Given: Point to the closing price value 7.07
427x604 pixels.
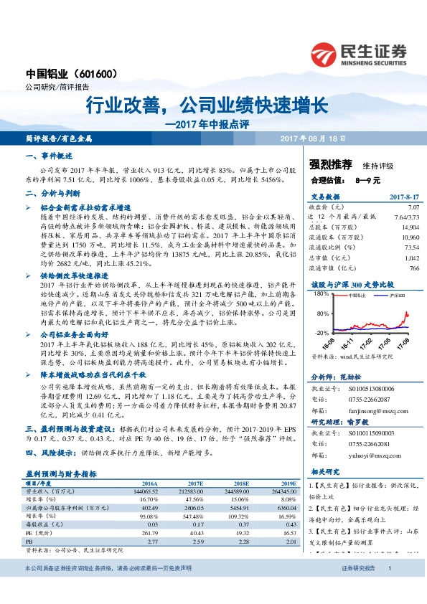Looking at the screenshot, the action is (x=412, y=206).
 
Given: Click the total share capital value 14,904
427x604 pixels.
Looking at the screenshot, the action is (x=409, y=225).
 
